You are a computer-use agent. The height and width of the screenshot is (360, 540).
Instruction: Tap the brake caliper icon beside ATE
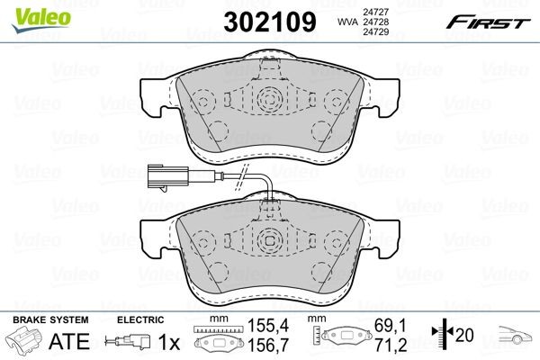24,343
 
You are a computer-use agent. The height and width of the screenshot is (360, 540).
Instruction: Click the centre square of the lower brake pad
269,241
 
